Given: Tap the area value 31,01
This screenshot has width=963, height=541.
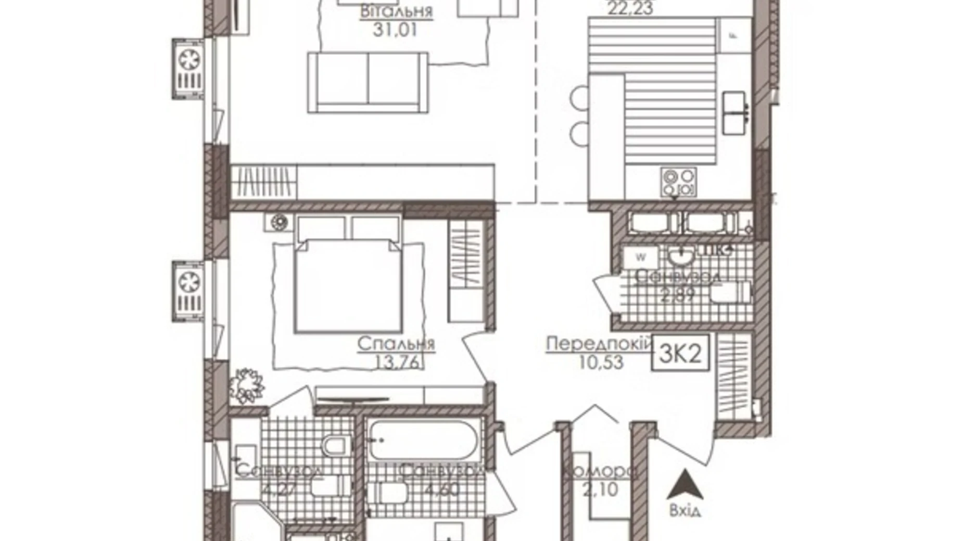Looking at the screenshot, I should pos(395,30).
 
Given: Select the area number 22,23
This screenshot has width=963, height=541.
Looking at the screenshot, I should pos(630,7).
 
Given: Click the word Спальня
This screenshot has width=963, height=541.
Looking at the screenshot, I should pos(396,344).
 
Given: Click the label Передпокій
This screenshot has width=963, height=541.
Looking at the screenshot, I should pos(599,344).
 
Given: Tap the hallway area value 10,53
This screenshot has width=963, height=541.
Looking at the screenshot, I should pos(601,362).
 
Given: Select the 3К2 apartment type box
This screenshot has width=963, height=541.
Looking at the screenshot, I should pos(680,354).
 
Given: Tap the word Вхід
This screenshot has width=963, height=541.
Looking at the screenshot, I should pos(685,511).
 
